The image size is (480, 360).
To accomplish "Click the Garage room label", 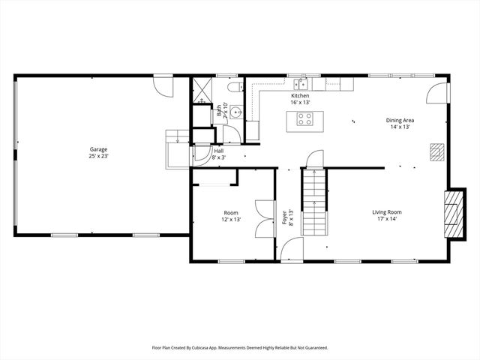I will point(99,149).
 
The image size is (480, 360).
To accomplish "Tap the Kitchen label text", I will point(300,96).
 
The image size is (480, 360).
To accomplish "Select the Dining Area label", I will point(400,120).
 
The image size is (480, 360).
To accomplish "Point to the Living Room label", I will point(387,212).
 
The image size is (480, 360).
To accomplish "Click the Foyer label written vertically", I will point(285,217).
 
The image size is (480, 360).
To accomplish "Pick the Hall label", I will point(218,151).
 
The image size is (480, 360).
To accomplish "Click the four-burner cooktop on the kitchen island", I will point(305,118).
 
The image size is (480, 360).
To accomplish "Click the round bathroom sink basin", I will point(235,112).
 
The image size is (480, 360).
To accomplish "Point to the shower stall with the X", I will point(202,89).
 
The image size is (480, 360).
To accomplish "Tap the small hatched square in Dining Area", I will point(436,151).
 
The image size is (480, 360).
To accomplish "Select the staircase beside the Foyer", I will point(313,202).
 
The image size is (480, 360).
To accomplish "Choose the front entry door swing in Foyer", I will point(289,249).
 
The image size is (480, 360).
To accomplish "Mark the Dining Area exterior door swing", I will point(436,93).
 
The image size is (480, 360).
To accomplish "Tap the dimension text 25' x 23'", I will point(99,157).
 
